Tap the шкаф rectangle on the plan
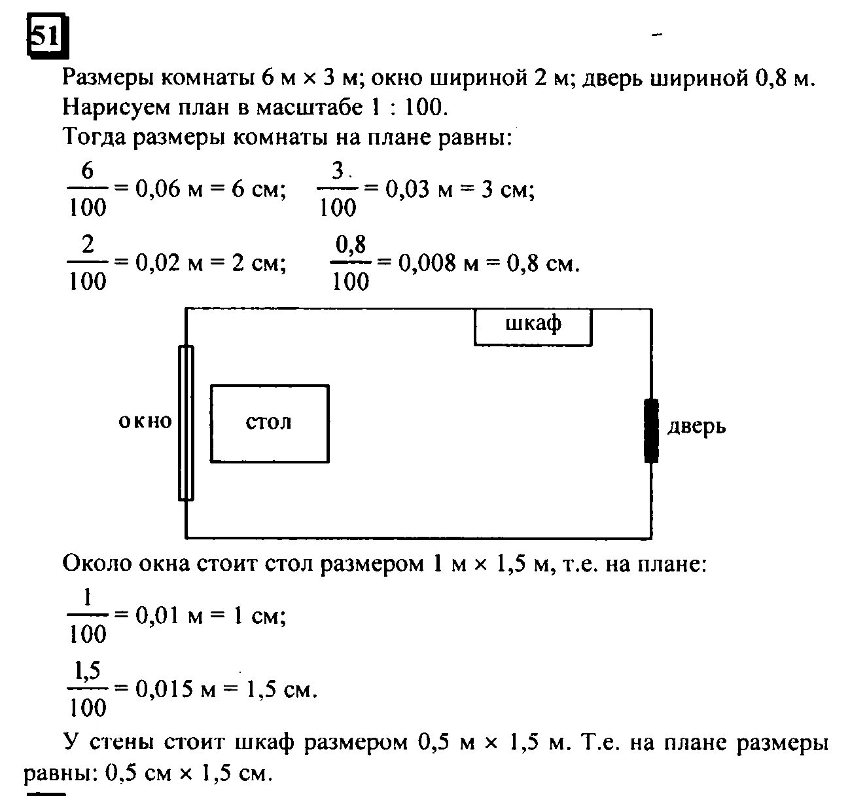(x=533, y=327)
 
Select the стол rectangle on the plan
(x=269, y=423)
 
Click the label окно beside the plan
(x=145, y=421)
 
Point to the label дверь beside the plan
(x=696, y=427)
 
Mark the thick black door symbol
(x=650, y=430)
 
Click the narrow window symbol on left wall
(x=186, y=423)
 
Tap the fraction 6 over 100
(x=87, y=190)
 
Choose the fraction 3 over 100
(x=338, y=190)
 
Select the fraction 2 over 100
(x=87, y=263)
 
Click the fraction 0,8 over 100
(x=351, y=263)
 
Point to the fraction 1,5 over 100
(x=87, y=689)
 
